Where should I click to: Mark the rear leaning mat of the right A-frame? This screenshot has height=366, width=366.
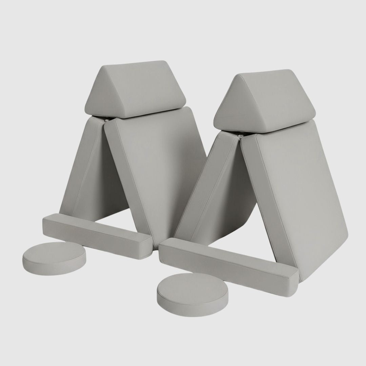[x=210, y=190]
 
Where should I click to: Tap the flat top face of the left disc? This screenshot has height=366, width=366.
[x=54, y=252]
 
